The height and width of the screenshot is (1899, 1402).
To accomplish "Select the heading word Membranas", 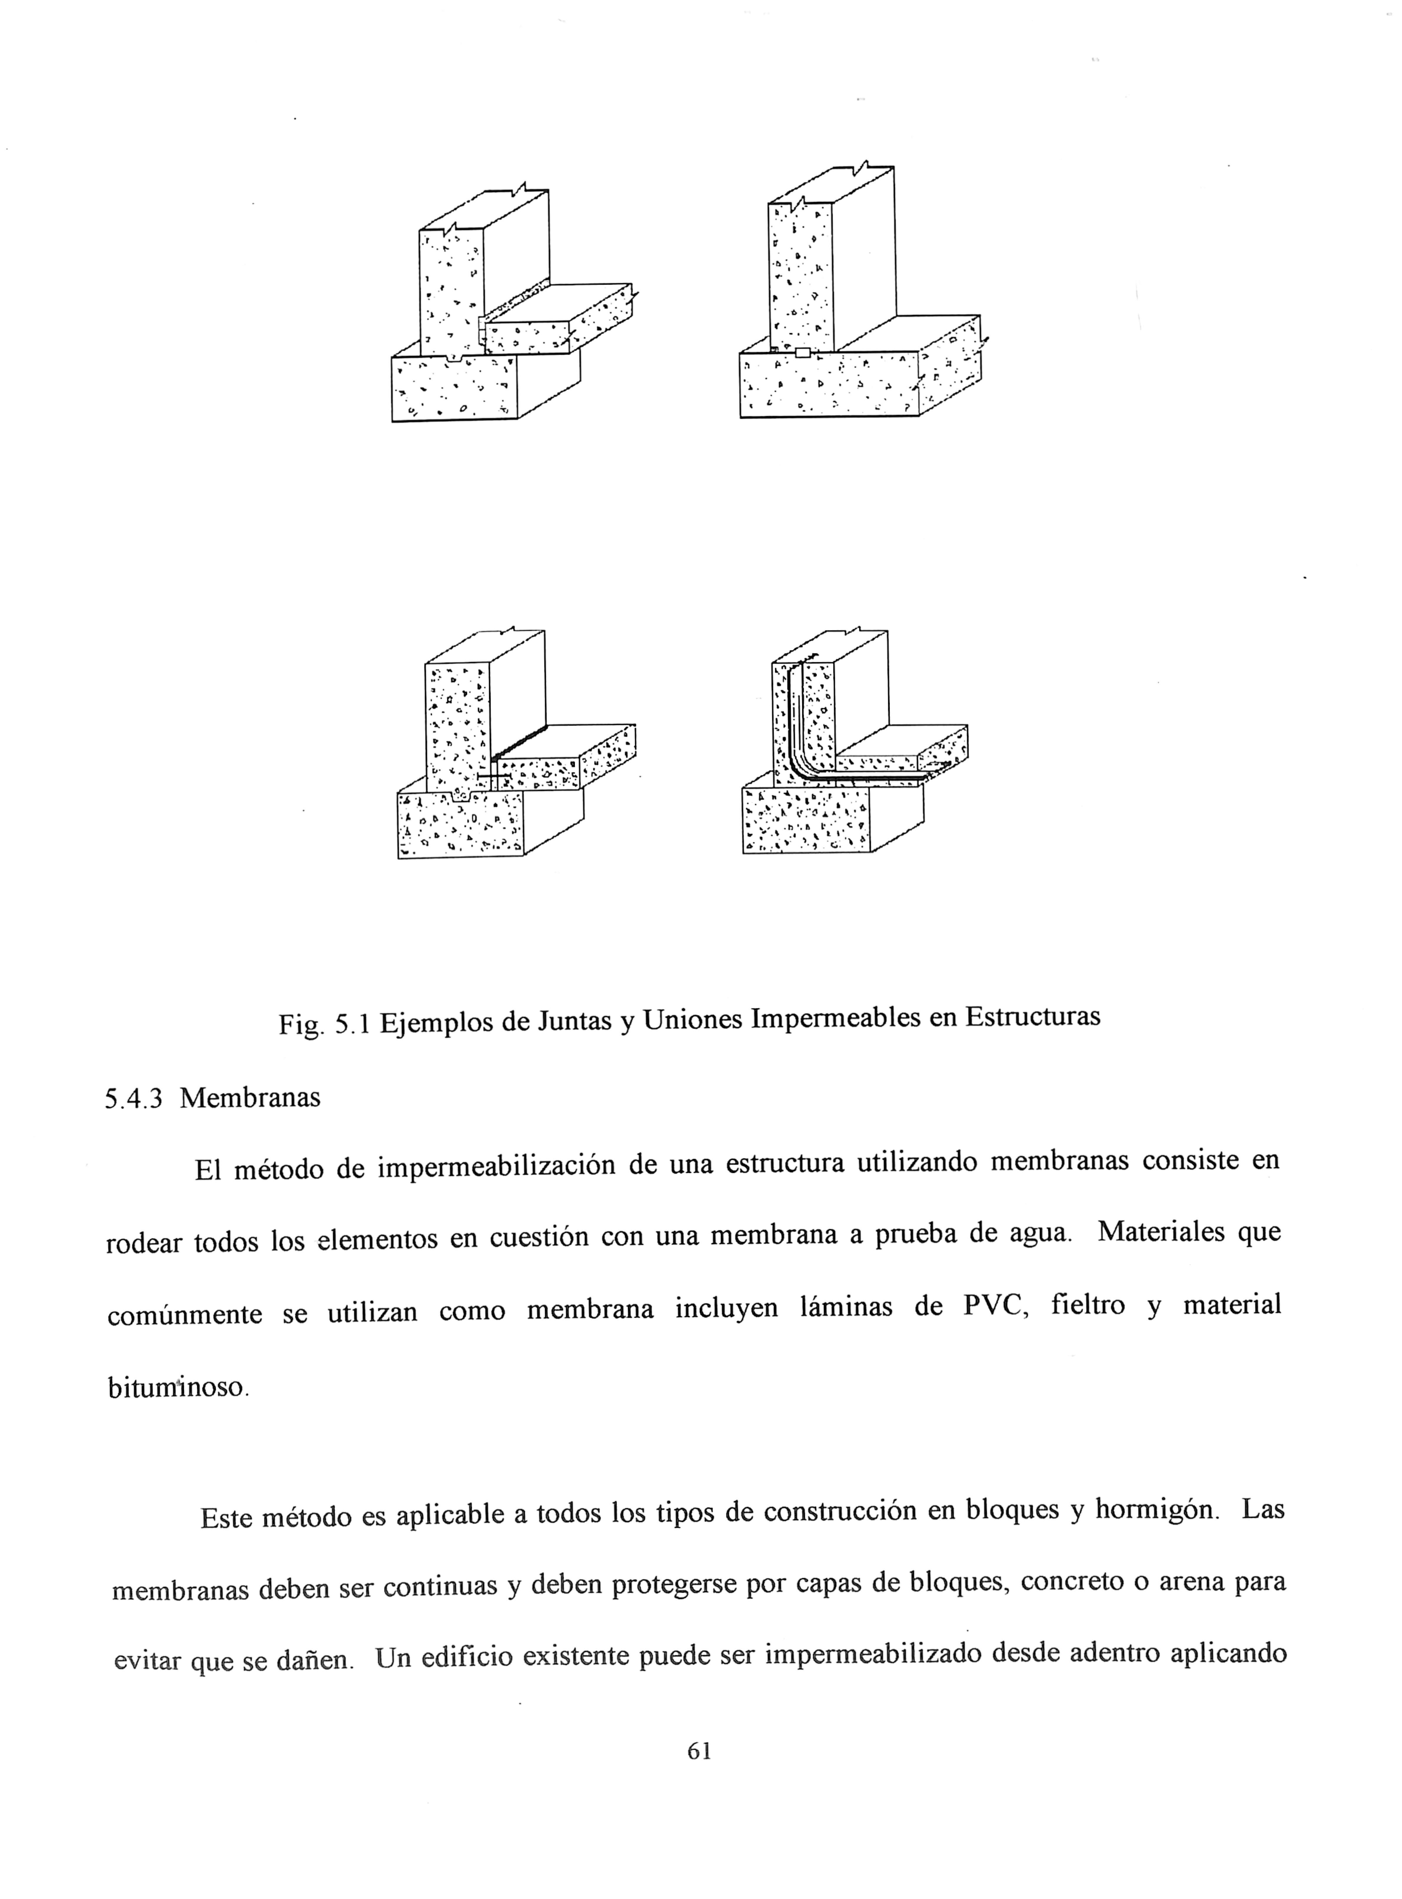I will pos(250,1098).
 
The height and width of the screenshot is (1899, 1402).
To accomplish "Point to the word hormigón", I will pos(1156,1510).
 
